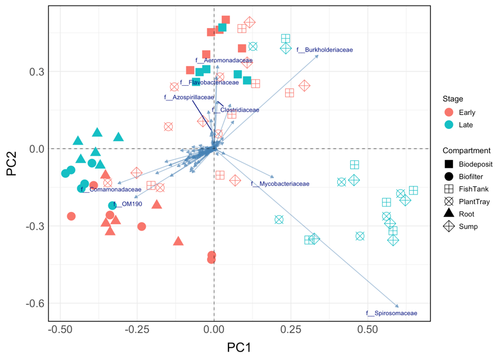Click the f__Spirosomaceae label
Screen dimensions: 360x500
click(x=391, y=313)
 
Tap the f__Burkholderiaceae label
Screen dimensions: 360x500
click(x=324, y=50)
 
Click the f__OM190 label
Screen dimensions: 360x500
click(x=127, y=205)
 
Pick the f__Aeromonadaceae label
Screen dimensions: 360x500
click(x=224, y=61)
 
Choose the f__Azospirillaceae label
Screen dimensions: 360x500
click(x=189, y=98)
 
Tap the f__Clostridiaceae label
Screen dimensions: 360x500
click(x=236, y=110)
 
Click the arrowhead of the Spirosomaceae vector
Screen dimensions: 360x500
click(x=398, y=307)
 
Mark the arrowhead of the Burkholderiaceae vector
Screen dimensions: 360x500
click(x=318, y=55)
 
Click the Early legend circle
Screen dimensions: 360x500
click(x=449, y=112)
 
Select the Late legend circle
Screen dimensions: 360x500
click(x=449, y=124)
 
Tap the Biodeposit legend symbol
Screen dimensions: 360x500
click(x=449, y=164)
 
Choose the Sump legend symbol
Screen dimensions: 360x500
click(x=449, y=226)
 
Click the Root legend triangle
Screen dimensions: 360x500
click(x=449, y=214)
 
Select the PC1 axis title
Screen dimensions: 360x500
click(x=238, y=348)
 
